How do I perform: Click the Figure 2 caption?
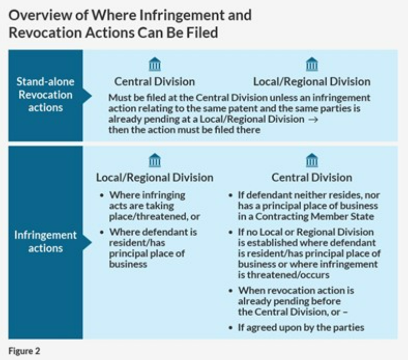coord(24,350)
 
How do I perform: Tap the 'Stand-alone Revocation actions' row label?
coord(45,94)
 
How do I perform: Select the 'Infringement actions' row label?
coord(45,241)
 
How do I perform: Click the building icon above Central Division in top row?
coord(155,64)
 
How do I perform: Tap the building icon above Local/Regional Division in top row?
coord(312,64)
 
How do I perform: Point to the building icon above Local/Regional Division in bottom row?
coord(155,160)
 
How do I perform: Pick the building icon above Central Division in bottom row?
coord(312,160)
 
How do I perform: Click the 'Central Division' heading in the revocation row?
coord(155,81)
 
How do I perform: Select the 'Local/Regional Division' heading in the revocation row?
coord(312,81)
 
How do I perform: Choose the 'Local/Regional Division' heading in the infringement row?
coord(155,177)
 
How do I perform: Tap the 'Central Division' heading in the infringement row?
coord(312,177)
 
